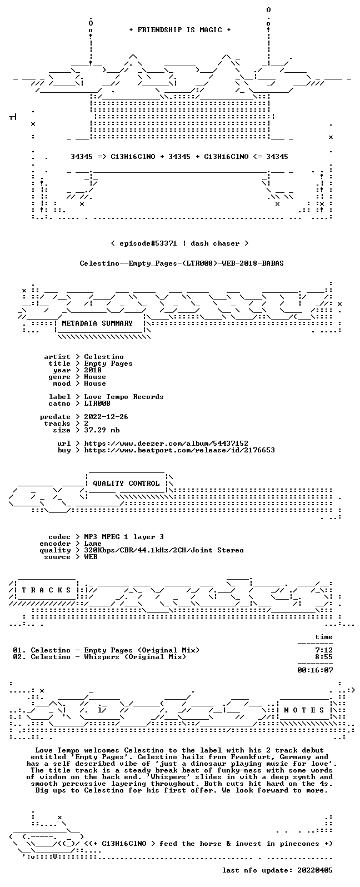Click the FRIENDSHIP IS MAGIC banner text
point(180,30)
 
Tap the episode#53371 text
point(148,243)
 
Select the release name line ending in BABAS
point(181,263)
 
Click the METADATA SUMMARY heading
point(97,323)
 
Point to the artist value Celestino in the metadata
point(104,357)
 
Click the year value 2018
point(93,370)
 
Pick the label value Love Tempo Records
point(123,397)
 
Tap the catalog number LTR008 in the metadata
point(97,403)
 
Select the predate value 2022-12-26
point(106,417)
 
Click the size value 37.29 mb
point(102,430)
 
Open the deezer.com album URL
point(166,443)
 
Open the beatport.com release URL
point(179,450)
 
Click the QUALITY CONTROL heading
point(126,484)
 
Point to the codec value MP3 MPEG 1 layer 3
point(123,537)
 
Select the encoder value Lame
point(93,544)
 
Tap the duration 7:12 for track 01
point(323,650)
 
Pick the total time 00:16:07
point(315,670)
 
